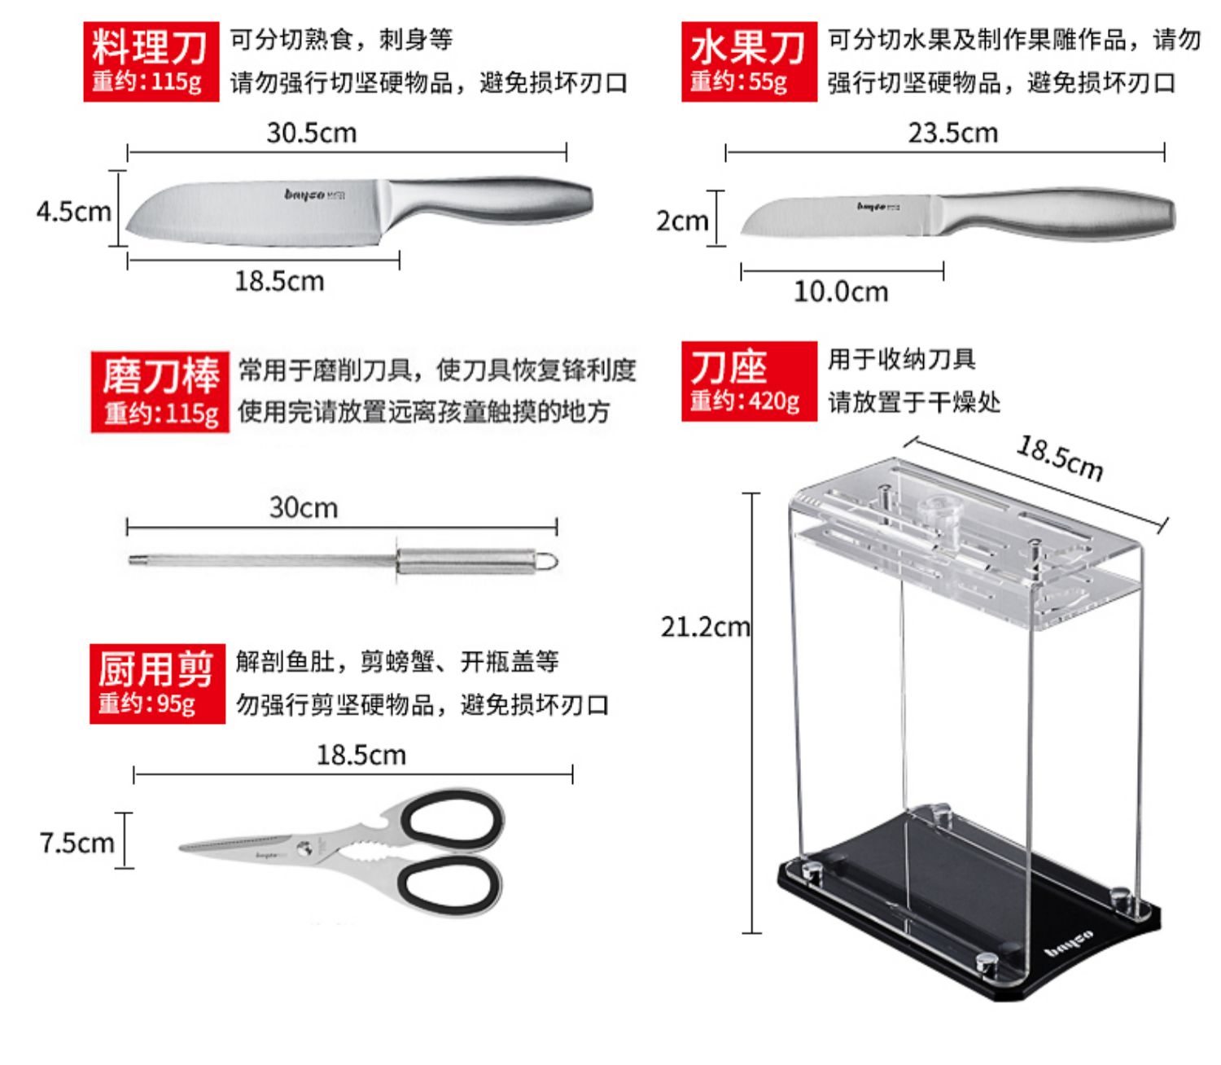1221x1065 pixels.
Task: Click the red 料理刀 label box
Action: (x=151, y=62)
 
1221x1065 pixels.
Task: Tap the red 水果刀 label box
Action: (x=748, y=62)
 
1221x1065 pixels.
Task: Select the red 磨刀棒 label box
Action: (x=160, y=392)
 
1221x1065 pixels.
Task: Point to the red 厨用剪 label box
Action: (x=156, y=682)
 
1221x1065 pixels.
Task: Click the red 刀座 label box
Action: (x=748, y=381)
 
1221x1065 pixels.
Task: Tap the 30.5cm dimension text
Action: (x=312, y=133)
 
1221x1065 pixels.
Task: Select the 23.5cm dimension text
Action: (x=952, y=133)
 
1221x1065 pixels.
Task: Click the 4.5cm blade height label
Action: (x=73, y=212)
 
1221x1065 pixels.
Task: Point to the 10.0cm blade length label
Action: (x=841, y=291)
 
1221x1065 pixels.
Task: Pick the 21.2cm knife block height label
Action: (x=705, y=627)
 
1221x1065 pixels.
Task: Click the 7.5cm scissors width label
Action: (x=77, y=843)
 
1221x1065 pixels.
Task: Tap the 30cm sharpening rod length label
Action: (x=303, y=508)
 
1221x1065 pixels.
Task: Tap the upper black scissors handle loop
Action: (x=452, y=820)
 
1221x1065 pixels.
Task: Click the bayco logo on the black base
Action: (x=1069, y=944)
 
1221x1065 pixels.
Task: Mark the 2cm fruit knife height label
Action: (x=681, y=221)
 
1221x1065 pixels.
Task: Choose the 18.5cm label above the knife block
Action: (x=1060, y=458)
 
